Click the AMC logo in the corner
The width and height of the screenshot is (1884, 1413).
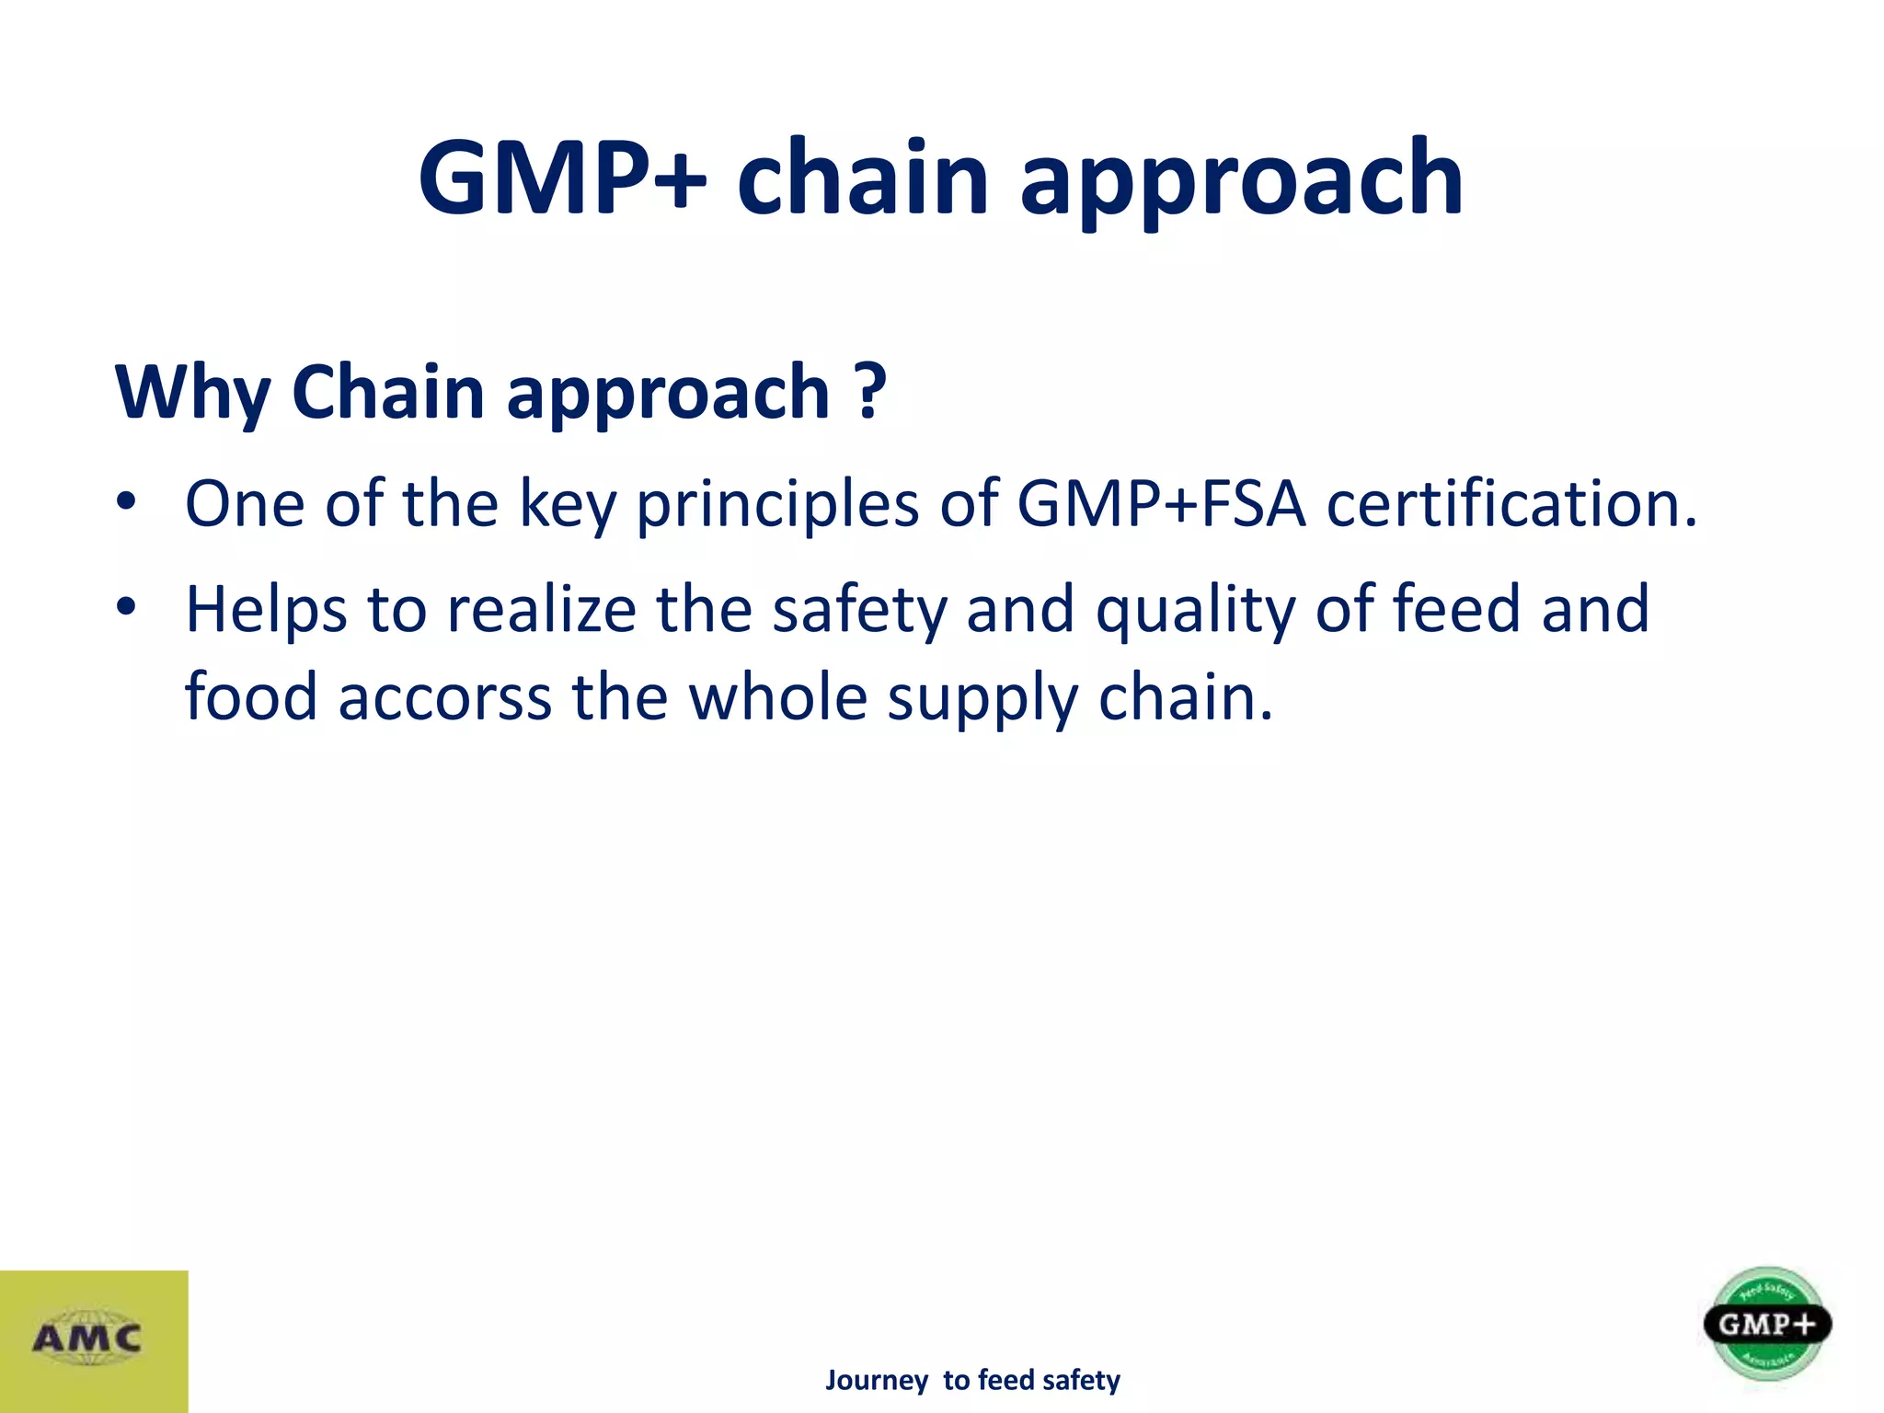[87, 1338]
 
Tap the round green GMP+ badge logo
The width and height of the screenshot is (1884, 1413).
[1766, 1325]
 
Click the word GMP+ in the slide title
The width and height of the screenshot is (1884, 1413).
[562, 177]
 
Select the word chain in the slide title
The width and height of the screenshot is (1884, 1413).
[863, 177]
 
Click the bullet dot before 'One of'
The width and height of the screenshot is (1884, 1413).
[126, 503]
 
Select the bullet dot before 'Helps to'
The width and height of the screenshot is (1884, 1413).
[126, 608]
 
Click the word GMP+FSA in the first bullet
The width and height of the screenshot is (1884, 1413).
[1161, 504]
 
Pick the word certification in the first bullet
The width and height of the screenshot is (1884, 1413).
[1511, 504]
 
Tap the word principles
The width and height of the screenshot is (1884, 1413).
[777, 506]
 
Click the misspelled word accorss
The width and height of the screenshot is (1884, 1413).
[445, 697]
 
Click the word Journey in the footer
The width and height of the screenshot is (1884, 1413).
[876, 1381]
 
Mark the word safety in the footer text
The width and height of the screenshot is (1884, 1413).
[1081, 1381]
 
